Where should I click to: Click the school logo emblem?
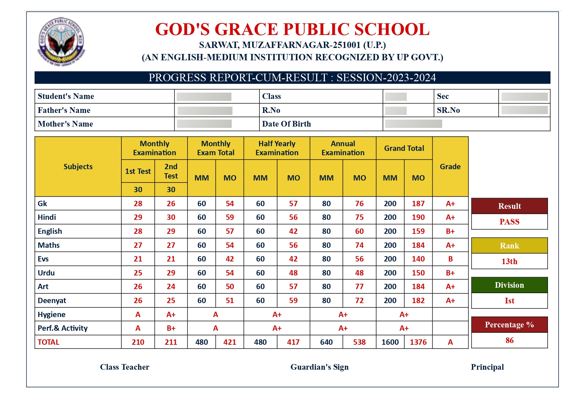(x=61, y=42)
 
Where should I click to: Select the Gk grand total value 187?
(x=418, y=204)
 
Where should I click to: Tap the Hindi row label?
(x=47, y=217)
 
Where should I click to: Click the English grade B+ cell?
(x=450, y=231)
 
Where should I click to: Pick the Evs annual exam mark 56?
(x=359, y=259)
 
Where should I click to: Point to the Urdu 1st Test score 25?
(x=138, y=273)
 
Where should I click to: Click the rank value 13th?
(x=509, y=261)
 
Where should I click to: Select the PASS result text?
(x=509, y=222)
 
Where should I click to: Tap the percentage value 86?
(x=509, y=340)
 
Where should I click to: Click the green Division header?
(x=509, y=285)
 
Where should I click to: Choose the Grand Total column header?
(x=404, y=148)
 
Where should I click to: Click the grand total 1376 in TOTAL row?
(x=418, y=342)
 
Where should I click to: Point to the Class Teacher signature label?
(x=125, y=367)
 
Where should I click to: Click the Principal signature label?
(x=487, y=367)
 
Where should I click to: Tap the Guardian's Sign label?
(x=319, y=367)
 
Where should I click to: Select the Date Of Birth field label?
(x=286, y=124)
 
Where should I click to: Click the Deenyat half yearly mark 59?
(x=293, y=300)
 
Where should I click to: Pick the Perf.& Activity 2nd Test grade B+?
(x=171, y=328)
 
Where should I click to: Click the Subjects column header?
(x=78, y=167)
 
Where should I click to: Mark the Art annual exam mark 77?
(x=359, y=286)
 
